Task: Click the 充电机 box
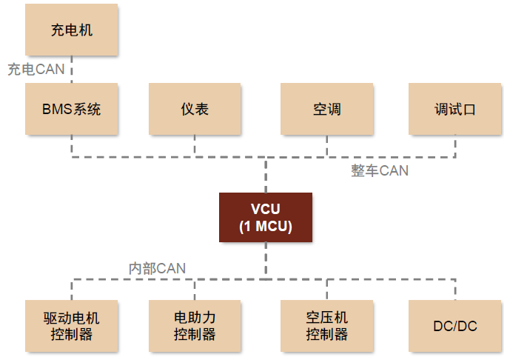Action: pyautogui.click(x=72, y=30)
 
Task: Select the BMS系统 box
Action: pyautogui.click(x=72, y=109)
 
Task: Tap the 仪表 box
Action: pyautogui.click(x=195, y=109)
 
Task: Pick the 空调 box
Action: pyautogui.click(x=326, y=109)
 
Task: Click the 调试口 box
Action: pyautogui.click(x=455, y=109)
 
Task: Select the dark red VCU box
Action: pyautogui.click(x=265, y=218)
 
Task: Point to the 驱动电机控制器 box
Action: pyautogui.click(x=72, y=326)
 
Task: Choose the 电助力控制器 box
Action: pyautogui.click(x=195, y=326)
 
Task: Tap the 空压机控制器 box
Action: pyautogui.click(x=326, y=326)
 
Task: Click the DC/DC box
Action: pyautogui.click(x=455, y=326)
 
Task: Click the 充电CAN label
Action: pyautogui.click(x=36, y=70)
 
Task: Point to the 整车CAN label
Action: pyautogui.click(x=379, y=171)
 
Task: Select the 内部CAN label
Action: pyautogui.click(x=157, y=268)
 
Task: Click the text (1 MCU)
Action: pyautogui.click(x=265, y=227)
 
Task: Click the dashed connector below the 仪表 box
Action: pyautogui.click(x=195, y=146)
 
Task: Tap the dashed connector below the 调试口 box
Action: pyautogui.click(x=455, y=146)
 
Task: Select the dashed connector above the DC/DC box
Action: pyautogui.click(x=455, y=290)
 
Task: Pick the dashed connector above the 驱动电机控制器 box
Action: pyautogui.click(x=72, y=290)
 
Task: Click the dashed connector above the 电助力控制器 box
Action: pyautogui.click(x=195, y=290)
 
